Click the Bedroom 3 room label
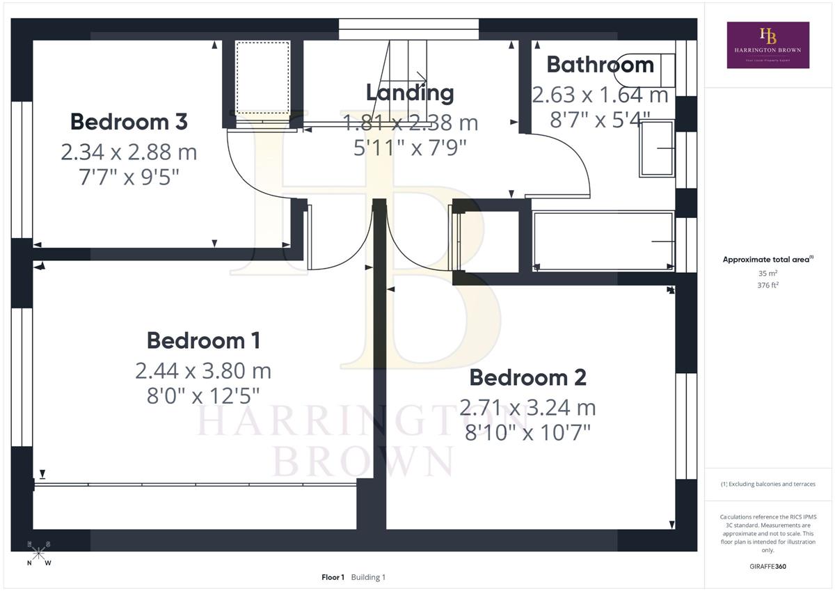point(129,122)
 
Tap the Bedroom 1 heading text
point(203,341)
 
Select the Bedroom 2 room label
point(528,377)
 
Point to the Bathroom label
point(600,65)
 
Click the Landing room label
point(410,93)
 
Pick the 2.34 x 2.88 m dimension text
point(129,152)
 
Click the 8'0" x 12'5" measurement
point(203,396)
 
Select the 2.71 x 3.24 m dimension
point(528,407)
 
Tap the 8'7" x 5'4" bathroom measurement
point(600,120)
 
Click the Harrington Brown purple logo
point(768,45)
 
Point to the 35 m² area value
point(768,274)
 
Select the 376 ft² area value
point(768,285)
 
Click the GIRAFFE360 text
point(768,567)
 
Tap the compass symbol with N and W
point(39,553)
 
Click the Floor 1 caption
point(333,577)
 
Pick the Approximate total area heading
point(768,259)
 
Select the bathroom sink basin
point(657,148)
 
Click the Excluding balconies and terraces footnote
point(768,484)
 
